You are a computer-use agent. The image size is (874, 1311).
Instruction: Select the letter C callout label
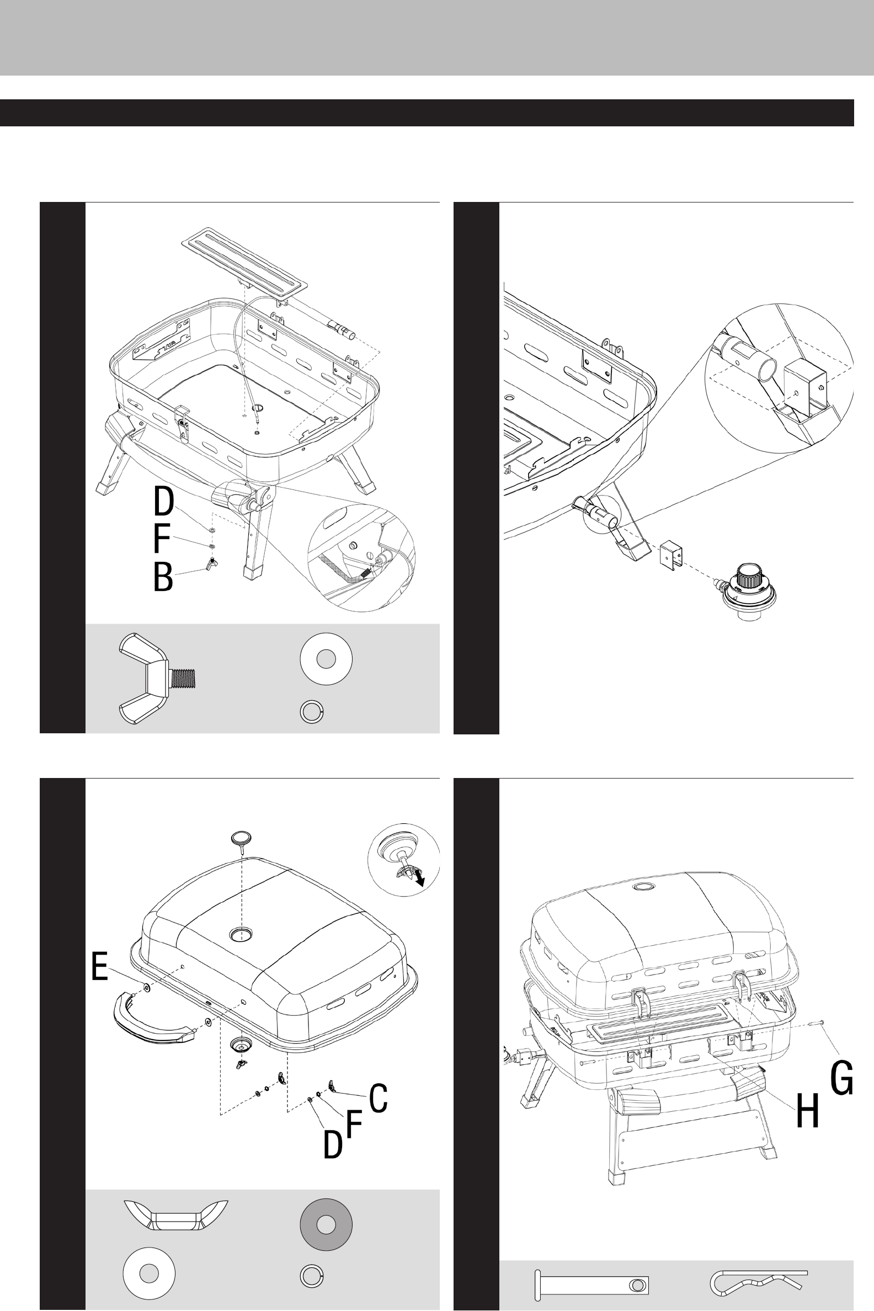coord(379,1098)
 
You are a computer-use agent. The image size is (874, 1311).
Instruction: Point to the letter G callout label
coord(841,1078)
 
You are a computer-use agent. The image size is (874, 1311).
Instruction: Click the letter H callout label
coord(807,1110)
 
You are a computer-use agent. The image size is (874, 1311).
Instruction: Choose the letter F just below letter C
coord(354,1123)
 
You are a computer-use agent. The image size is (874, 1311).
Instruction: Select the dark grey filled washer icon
coord(326,1224)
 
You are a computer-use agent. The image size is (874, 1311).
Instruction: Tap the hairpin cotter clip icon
coord(758,1282)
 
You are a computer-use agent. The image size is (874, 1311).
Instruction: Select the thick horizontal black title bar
coord(427,113)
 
